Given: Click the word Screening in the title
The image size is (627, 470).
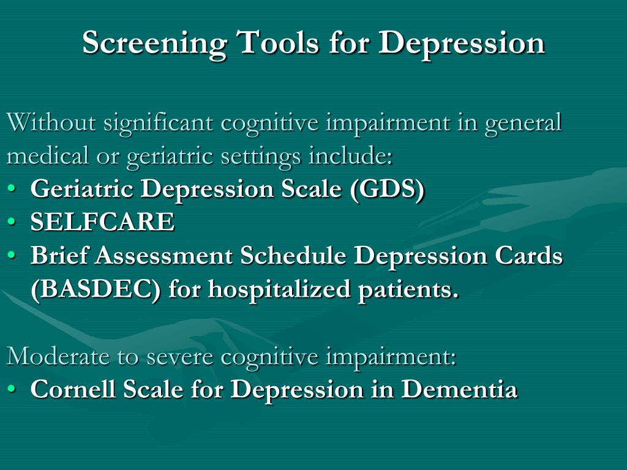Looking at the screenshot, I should (x=154, y=43).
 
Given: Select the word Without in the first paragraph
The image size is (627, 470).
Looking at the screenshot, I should (x=51, y=122).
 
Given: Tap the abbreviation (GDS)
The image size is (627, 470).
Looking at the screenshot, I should (x=387, y=190).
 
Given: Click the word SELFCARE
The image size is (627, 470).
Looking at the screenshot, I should (x=102, y=223).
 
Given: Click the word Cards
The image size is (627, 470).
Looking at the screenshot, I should (x=528, y=256).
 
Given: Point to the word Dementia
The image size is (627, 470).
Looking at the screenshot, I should (x=460, y=389).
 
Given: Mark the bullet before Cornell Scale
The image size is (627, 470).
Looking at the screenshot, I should (x=12, y=390).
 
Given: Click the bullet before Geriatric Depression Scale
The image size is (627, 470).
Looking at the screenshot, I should (x=12, y=190).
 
